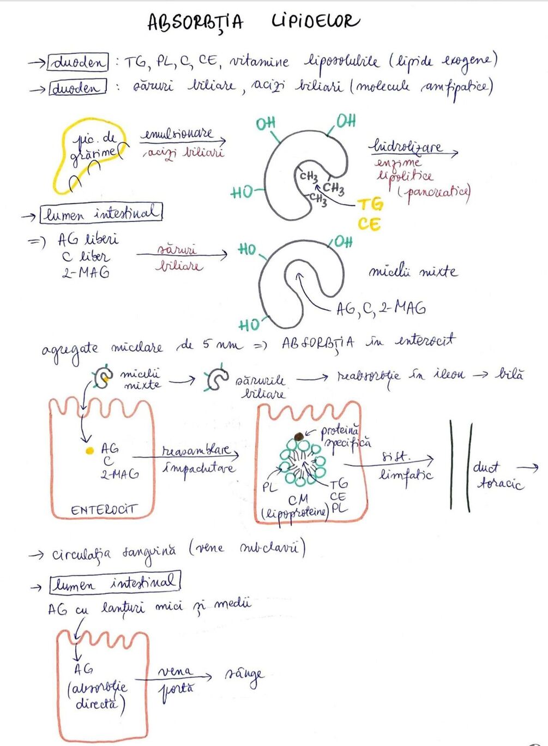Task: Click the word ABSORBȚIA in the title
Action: click(195, 22)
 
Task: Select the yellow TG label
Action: click(370, 204)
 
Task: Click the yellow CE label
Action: click(369, 224)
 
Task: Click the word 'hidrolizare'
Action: click(407, 146)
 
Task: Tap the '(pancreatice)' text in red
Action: click(434, 191)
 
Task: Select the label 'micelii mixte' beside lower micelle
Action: click(412, 271)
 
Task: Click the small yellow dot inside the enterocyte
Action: click(89, 451)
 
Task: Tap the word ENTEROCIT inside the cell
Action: click(103, 510)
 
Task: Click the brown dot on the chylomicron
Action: click(299, 436)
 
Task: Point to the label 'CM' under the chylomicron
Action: click(298, 499)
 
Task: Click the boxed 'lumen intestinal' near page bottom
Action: click(115, 583)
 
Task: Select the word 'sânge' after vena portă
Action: click(244, 675)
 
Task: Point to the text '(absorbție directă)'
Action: click(98, 695)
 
